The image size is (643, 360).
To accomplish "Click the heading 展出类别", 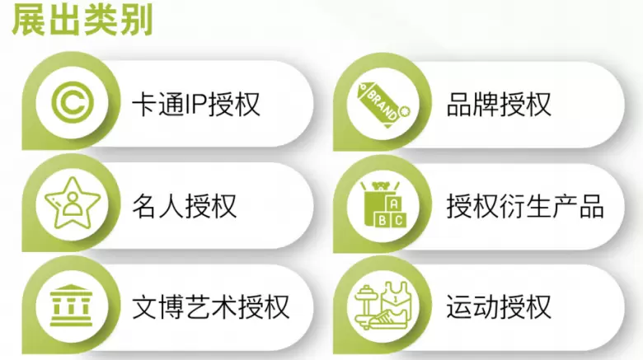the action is click(82, 20).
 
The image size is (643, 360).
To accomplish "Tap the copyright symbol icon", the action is click(73, 102).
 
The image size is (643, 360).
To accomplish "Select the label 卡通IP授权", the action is click(196, 104).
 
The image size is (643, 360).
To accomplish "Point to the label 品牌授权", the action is click(499, 104).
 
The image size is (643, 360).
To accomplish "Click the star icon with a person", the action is click(73, 203).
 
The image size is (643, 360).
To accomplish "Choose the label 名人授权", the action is click(184, 206).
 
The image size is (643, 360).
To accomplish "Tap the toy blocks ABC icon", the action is click(383, 203).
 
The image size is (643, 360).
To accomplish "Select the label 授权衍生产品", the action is click(525, 206).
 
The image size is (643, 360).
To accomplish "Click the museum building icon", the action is click(72, 306).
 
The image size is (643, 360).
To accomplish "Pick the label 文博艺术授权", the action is click(211, 307).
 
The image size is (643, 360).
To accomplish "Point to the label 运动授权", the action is click(499, 307).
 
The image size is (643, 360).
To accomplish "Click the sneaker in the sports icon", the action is click(388, 319).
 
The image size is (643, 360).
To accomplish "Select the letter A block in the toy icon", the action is click(394, 203).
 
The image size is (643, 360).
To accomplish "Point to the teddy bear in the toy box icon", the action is click(383, 186).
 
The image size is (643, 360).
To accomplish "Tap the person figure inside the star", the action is click(73, 204).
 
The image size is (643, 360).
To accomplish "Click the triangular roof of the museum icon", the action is click(72, 288).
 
